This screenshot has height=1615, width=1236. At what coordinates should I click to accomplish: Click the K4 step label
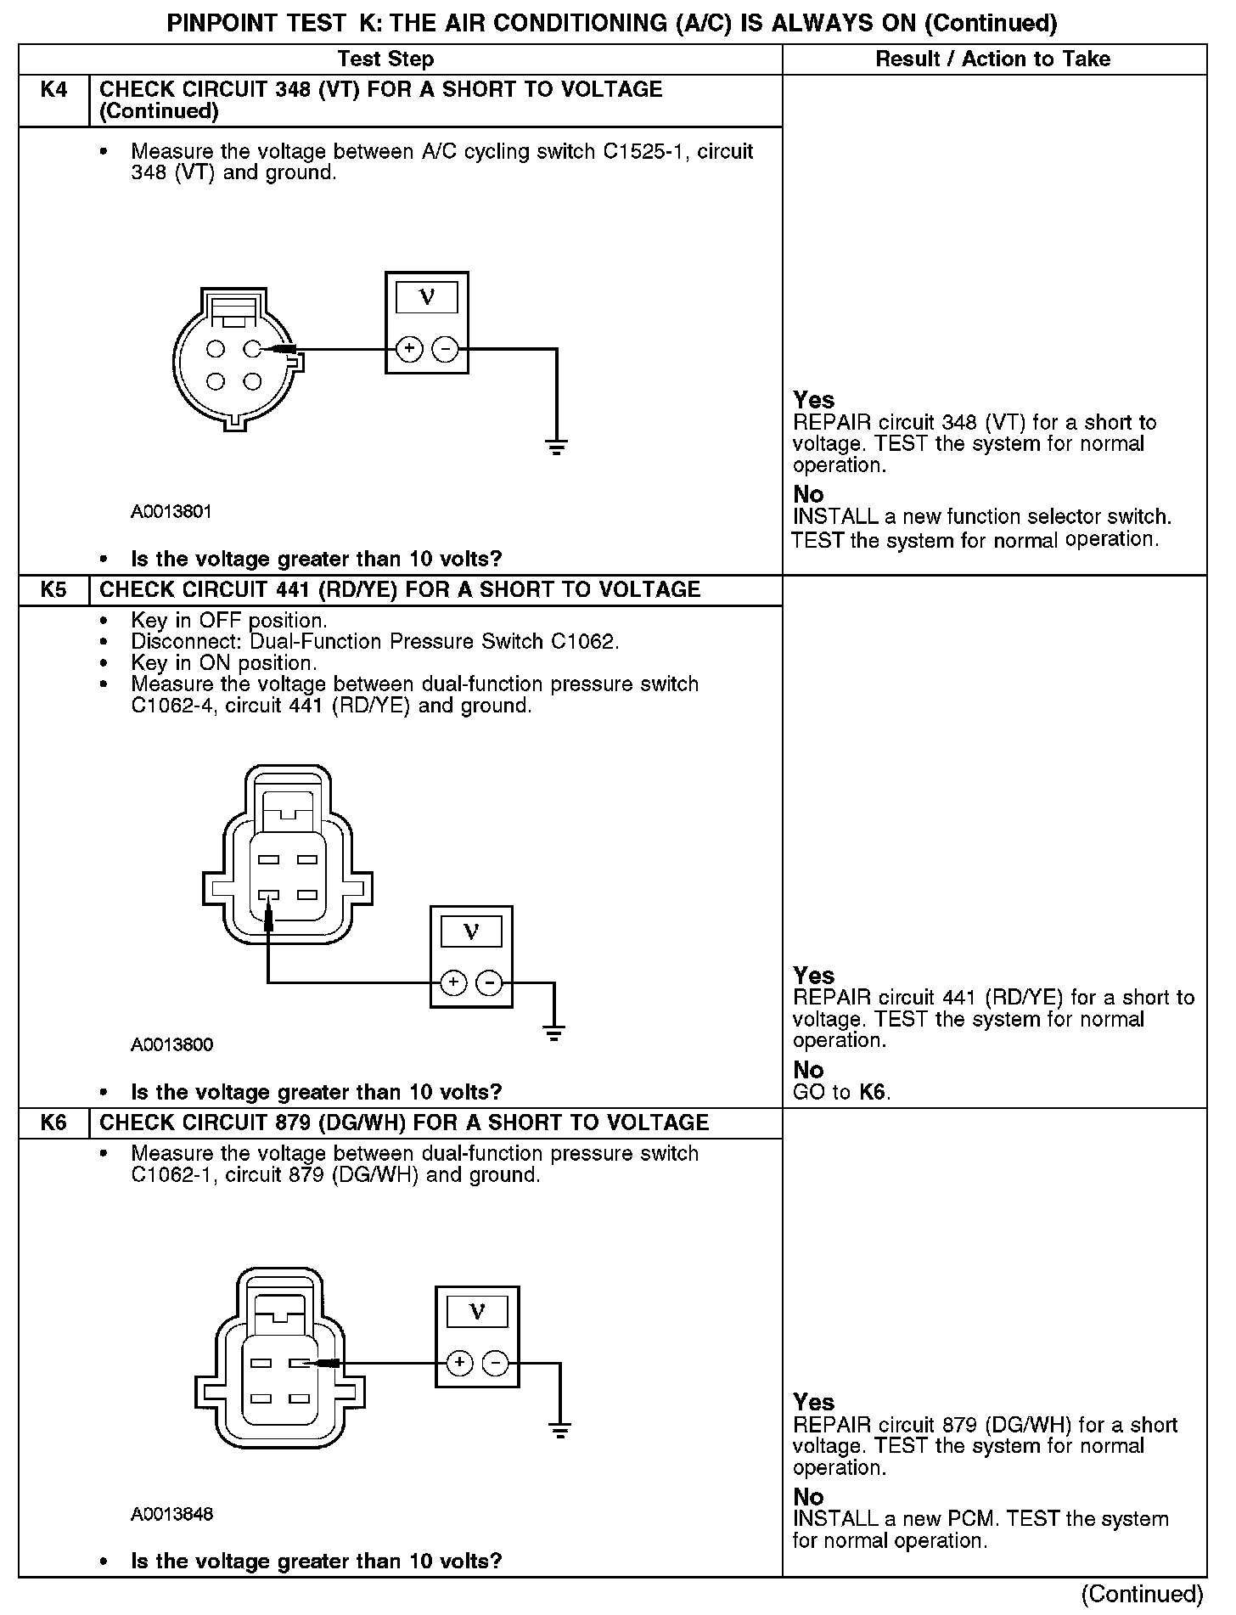[53, 89]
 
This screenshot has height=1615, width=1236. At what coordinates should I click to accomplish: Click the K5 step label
[53, 589]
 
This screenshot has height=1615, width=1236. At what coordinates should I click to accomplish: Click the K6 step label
[53, 1123]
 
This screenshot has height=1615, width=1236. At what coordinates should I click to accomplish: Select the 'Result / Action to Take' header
[992, 59]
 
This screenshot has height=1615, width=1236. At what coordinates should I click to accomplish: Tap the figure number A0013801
[171, 512]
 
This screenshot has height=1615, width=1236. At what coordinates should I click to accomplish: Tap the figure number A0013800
[171, 1044]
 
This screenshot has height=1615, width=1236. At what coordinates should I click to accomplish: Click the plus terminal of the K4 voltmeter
[409, 349]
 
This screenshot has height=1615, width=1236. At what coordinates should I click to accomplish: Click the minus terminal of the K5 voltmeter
[490, 983]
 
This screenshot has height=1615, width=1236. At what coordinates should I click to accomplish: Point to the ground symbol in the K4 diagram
[556, 447]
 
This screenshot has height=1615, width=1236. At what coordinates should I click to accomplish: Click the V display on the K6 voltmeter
[477, 1312]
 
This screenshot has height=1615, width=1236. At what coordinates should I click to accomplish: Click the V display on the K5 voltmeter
[471, 932]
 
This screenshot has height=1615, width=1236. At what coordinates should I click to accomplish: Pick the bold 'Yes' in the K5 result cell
[813, 975]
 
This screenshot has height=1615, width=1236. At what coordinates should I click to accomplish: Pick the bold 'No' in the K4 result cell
[808, 494]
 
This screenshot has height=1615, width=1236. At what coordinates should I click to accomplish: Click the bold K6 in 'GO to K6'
[874, 1092]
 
